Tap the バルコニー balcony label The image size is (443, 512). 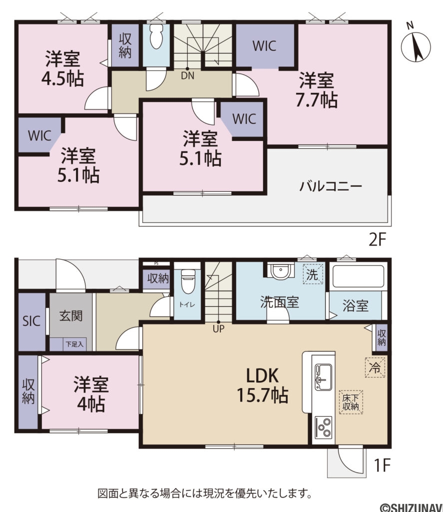331,186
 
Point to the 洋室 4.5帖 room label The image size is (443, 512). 64,68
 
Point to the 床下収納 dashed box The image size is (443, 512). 351,402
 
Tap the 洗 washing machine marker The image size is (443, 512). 312,274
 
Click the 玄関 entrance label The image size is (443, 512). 70,316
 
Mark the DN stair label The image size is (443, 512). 188,76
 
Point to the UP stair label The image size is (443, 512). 218,328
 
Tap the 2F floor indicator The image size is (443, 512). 378,240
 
